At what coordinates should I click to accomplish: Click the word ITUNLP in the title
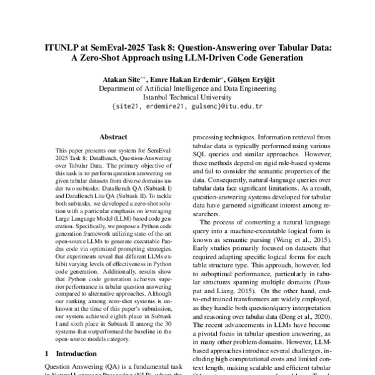click(63, 46)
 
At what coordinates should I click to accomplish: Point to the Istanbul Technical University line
click(187, 97)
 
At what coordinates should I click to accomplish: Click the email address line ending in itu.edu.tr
click(187, 106)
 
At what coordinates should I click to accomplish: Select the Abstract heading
click(114, 137)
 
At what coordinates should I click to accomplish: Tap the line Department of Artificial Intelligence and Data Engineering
click(187, 89)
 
